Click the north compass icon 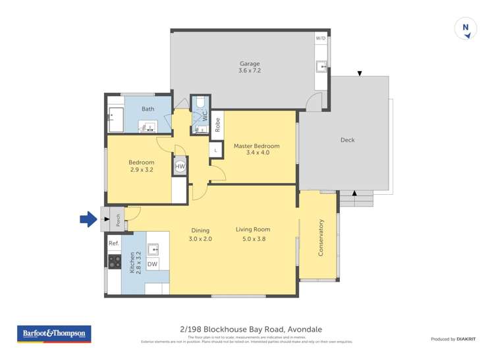(x=466, y=28)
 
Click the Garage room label (x=249, y=64)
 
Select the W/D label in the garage (x=321, y=38)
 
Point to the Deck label (x=347, y=140)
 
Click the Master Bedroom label (x=257, y=145)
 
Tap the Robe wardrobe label (x=217, y=125)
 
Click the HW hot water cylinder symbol (x=180, y=167)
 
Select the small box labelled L (x=215, y=151)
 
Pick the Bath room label (x=148, y=109)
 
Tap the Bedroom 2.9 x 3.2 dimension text (x=141, y=170)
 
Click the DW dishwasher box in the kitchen (x=152, y=264)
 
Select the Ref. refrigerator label (x=113, y=244)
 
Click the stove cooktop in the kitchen (x=115, y=261)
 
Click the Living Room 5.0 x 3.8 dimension (x=253, y=239)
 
